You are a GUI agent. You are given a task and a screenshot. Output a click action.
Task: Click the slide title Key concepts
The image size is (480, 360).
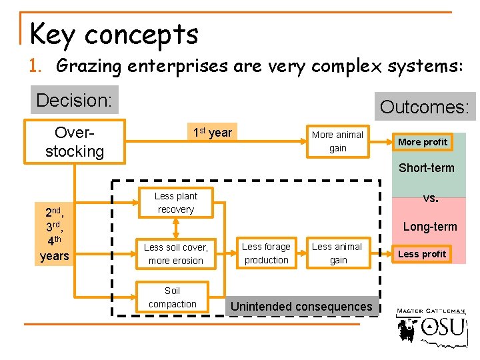pyautogui.click(x=114, y=34)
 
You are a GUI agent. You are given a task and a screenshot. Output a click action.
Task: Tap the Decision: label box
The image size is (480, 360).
pyautogui.click(x=74, y=100)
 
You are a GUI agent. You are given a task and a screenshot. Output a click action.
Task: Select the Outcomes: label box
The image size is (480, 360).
pyautogui.click(x=425, y=107)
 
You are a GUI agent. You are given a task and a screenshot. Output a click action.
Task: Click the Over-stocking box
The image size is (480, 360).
pyautogui.click(x=75, y=141)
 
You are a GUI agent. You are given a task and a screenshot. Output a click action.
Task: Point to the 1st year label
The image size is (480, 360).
pyautogui.click(x=212, y=133)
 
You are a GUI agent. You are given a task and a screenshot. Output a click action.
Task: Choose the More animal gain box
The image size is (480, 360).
pyautogui.click(x=337, y=141)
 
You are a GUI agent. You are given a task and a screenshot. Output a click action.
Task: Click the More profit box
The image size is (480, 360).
pyautogui.click(x=423, y=142)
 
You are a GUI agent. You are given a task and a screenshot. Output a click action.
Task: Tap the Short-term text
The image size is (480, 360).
pyautogui.click(x=427, y=168)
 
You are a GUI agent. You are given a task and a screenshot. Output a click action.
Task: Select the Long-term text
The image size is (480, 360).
pyautogui.click(x=430, y=227)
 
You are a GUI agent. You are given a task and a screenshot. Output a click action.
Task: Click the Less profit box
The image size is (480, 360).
pyautogui.click(x=422, y=253)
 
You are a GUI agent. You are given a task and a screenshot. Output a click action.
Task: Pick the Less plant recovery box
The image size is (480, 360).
pyautogui.click(x=175, y=203)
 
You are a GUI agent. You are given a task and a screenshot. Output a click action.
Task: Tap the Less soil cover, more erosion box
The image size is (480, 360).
pyautogui.click(x=176, y=254)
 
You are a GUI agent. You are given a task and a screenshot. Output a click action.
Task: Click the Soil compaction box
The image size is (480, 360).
pyautogui.click(x=173, y=297)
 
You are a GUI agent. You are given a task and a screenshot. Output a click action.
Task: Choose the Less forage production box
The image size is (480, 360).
pyautogui.click(x=266, y=253)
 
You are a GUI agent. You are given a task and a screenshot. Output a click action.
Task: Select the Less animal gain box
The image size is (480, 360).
pyautogui.click(x=337, y=253)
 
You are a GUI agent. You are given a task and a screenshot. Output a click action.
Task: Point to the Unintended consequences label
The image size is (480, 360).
pyautogui.click(x=301, y=307)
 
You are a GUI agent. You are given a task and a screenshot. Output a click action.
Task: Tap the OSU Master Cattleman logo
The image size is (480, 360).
pyautogui.click(x=431, y=327)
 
